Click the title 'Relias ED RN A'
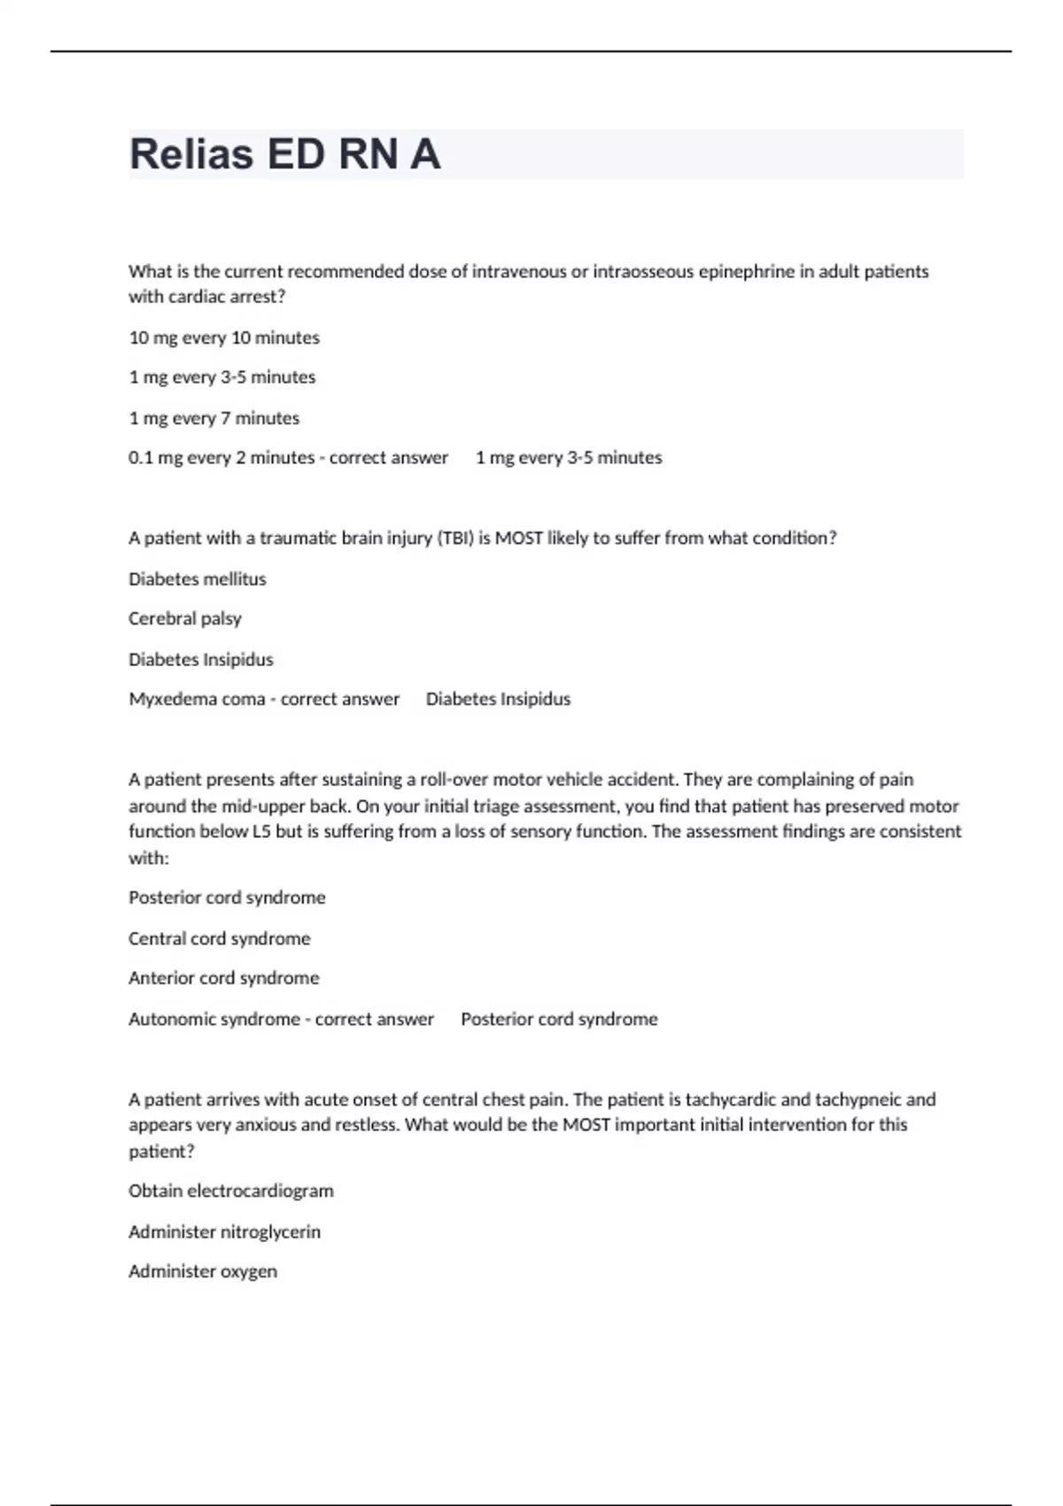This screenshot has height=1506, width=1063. click(x=284, y=154)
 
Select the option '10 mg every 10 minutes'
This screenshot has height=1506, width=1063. click(x=224, y=338)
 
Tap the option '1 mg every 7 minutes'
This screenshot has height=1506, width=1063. click(x=214, y=418)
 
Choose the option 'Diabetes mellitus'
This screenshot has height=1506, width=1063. click(x=198, y=579)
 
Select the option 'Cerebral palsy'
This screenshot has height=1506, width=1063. click(x=185, y=618)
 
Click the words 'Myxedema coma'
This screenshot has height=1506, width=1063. click(x=197, y=699)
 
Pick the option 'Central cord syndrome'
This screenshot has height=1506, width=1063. click(x=220, y=938)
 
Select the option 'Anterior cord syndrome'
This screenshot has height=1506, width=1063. click(x=224, y=978)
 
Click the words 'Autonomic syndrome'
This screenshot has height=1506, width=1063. click(x=214, y=1019)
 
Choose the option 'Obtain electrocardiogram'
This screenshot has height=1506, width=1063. click(x=231, y=1191)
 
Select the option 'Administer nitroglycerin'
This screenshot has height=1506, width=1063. click(x=225, y=1231)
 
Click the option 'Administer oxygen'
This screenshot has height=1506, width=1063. click(x=203, y=1271)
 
